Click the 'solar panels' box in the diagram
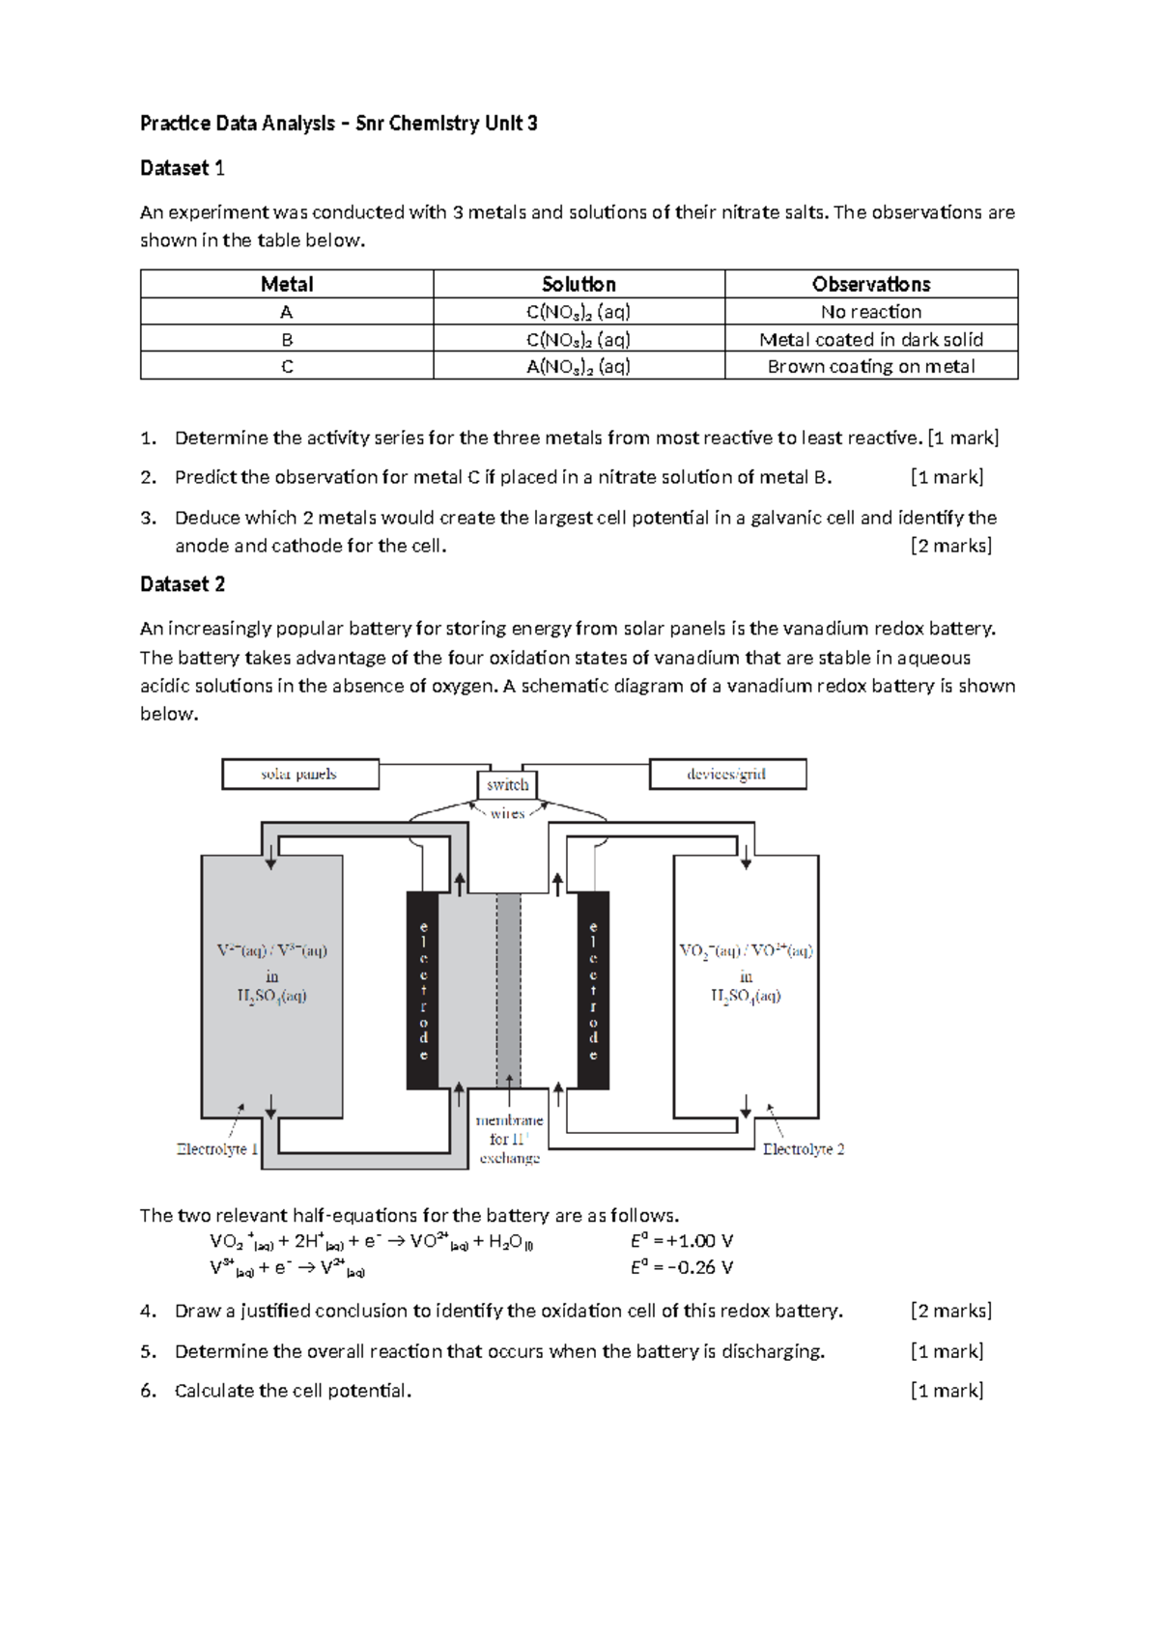(299, 775)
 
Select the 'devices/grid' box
(726, 775)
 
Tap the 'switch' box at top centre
(507, 785)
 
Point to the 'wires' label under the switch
(507, 813)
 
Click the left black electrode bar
(422, 990)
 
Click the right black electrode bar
(593, 990)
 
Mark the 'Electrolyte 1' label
(217, 1149)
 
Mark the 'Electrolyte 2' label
(804, 1149)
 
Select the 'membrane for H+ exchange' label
(509, 1140)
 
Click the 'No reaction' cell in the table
(871, 312)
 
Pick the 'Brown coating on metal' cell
(871, 366)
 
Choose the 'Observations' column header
(871, 284)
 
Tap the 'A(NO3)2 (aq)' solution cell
(579, 366)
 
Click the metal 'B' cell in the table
(287, 339)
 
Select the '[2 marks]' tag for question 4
(951, 1311)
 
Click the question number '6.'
(148, 1391)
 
